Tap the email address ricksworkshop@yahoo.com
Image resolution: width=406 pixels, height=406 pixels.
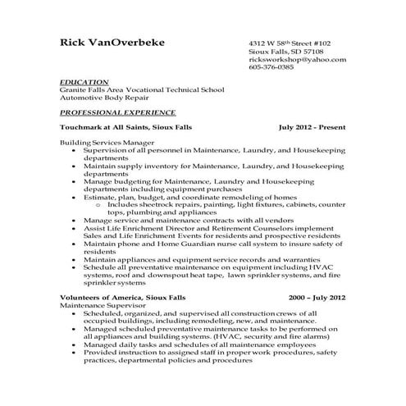tap(297, 60)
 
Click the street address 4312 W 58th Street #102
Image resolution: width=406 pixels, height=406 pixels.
tap(290, 42)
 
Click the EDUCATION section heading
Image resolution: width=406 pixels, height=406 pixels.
tap(84, 83)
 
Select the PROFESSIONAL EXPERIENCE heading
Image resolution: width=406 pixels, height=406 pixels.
tap(117, 112)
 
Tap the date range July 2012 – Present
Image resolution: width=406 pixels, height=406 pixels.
tap(312, 129)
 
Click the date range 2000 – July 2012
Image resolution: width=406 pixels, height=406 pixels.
tap(317, 299)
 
